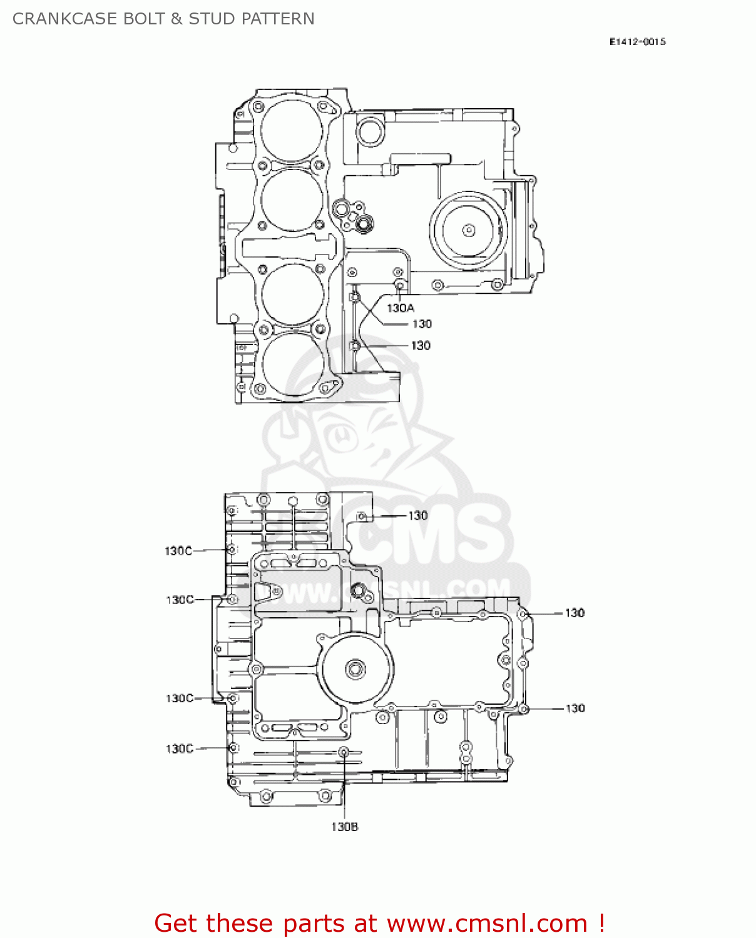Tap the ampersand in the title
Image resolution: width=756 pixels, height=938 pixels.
click(176, 19)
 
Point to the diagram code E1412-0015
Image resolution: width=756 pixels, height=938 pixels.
click(637, 42)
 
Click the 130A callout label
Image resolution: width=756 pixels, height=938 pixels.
click(400, 308)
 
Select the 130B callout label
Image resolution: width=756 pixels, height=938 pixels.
click(344, 827)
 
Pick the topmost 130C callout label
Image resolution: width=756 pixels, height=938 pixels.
click(178, 551)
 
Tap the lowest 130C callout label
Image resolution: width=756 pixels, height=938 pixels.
click(179, 749)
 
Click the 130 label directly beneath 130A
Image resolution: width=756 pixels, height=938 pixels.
click(422, 324)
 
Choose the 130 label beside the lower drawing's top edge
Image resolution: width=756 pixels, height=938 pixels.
click(418, 515)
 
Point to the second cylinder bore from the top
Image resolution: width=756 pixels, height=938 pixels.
click(291, 199)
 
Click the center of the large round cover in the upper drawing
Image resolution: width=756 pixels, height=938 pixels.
click(468, 230)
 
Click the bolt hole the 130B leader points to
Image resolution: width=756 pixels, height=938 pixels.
click(344, 751)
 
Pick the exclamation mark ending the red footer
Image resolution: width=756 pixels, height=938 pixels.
click(601, 923)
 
